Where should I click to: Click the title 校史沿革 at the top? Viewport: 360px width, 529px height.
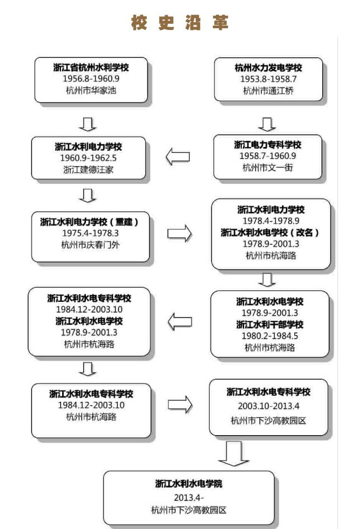point(180,23)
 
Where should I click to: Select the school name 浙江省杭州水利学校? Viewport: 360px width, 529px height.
point(91,67)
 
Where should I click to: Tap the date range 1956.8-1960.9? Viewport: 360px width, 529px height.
point(90,79)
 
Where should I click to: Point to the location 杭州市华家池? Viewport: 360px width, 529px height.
point(90,90)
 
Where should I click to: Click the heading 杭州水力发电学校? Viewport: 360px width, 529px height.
point(268,68)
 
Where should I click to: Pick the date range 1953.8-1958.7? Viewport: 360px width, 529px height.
point(268,79)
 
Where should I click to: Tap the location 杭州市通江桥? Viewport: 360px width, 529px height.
point(268,90)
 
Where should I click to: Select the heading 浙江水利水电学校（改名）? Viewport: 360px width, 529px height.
point(271,232)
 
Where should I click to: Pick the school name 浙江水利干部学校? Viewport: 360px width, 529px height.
point(270,324)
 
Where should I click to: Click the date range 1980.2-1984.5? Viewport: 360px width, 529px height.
point(270,336)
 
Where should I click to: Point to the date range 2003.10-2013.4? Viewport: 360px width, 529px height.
point(268,406)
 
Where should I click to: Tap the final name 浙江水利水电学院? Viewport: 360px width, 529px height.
point(189,484)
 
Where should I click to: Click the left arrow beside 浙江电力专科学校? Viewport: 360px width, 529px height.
point(177,157)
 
